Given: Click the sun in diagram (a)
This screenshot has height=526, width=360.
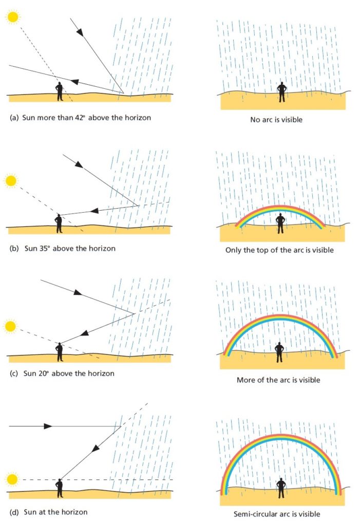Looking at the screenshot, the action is pos(13,16).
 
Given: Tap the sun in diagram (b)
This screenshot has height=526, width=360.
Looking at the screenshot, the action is pos(10,181).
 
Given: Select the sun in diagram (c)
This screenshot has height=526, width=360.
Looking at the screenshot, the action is pos(10,326).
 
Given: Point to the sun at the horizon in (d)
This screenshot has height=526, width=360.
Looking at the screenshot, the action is pos(12,479).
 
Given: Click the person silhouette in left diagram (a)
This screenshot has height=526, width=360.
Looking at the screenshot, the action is pos(60,91).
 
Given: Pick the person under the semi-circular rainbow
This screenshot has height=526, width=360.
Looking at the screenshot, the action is pos(281,488).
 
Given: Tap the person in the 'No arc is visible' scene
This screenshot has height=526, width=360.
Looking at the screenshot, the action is pos(281,92).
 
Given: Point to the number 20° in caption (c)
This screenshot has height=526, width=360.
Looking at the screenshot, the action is pos(42,373).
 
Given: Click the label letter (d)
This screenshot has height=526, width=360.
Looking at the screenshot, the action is pos(14,512).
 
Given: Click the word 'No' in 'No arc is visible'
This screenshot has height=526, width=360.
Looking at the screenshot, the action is pos(255,119).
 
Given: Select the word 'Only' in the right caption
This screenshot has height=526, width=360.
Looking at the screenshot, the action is pos(233,250).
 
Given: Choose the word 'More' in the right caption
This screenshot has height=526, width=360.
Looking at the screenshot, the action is pos(245,380).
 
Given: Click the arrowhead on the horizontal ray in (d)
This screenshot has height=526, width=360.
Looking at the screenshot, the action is pos(48,426).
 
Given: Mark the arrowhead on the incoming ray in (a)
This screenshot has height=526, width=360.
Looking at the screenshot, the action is pos(80,32).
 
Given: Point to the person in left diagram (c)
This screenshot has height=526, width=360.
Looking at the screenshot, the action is pos(60,352).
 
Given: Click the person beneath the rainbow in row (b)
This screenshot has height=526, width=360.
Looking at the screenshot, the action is pos(280,224).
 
